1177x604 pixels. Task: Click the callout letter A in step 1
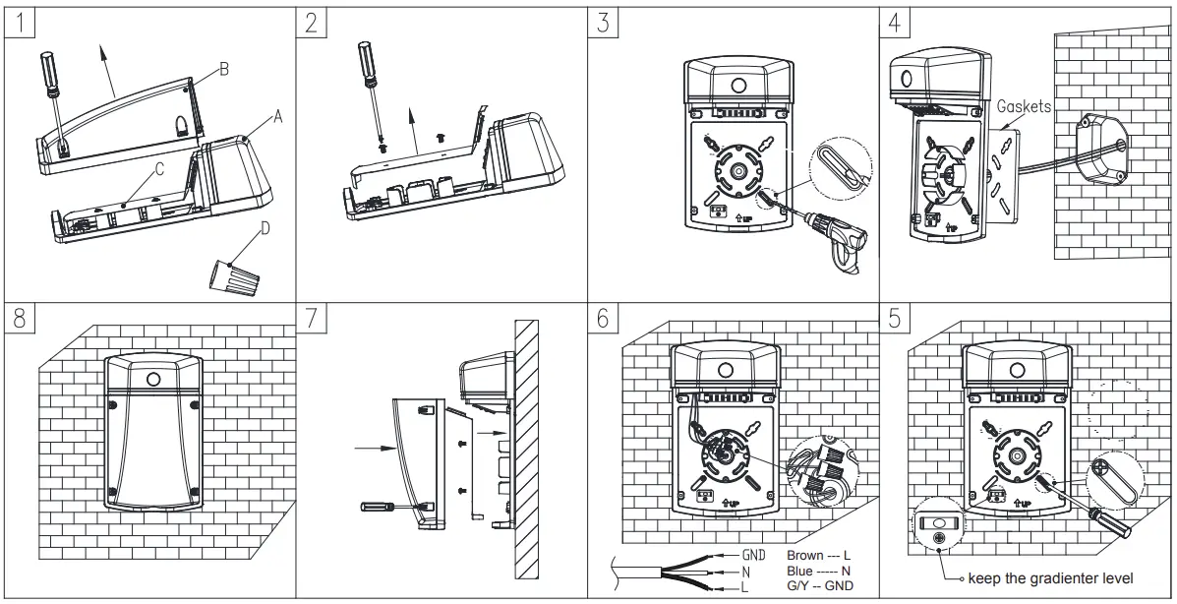click(x=277, y=117)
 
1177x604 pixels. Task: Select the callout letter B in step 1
click(x=223, y=72)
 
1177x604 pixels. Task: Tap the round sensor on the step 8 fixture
click(x=153, y=378)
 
